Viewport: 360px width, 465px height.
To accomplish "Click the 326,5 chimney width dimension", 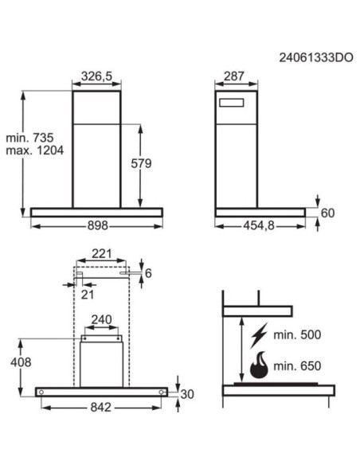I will point(97,76).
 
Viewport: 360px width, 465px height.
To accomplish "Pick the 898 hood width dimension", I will point(97,226).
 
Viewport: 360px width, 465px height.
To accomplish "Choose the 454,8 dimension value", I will point(258,226).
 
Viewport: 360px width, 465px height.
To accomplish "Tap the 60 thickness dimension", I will point(328,212).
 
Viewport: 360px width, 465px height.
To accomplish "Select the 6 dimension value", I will point(148,273).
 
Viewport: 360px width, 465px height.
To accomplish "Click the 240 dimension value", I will point(100,320).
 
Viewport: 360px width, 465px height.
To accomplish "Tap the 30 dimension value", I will point(188,393).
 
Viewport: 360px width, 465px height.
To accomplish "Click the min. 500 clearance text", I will point(298,335).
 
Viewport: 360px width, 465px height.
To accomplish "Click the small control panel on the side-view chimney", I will point(233,101).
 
